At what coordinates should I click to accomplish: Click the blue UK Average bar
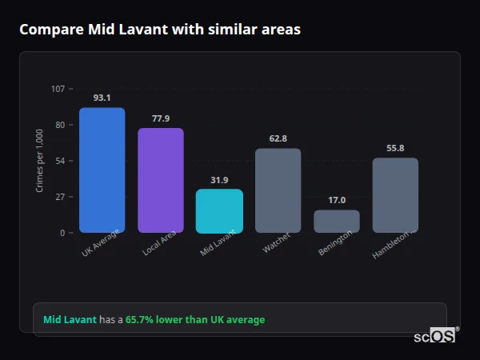pyautogui.click(x=102, y=170)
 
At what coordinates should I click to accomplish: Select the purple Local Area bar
pyautogui.click(x=160, y=181)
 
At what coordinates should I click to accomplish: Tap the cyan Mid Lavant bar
pyautogui.click(x=219, y=211)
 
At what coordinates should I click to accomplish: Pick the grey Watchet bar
pyautogui.click(x=278, y=190)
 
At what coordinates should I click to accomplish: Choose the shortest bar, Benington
pyautogui.click(x=336, y=222)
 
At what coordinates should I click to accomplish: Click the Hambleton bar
pyautogui.click(x=395, y=195)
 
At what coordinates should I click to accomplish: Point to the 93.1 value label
pyautogui.click(x=102, y=98)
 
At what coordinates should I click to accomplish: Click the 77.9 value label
pyautogui.click(x=160, y=118)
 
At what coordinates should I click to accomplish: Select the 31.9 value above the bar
pyautogui.click(x=219, y=180)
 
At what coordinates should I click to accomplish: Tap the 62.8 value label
pyautogui.click(x=278, y=138)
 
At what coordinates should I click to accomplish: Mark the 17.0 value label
pyautogui.click(x=336, y=200)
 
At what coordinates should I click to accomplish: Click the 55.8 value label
pyautogui.click(x=395, y=148)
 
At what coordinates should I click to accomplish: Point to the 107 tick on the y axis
pyautogui.click(x=58, y=89)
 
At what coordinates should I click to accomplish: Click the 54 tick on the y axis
pyautogui.click(x=60, y=161)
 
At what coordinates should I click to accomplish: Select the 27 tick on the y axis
pyautogui.click(x=60, y=197)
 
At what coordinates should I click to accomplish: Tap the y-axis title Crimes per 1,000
pyautogui.click(x=40, y=161)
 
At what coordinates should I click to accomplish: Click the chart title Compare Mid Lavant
pyautogui.click(x=160, y=30)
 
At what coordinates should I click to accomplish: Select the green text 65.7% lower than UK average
pyautogui.click(x=194, y=320)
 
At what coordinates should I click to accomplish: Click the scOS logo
pyautogui.click(x=435, y=336)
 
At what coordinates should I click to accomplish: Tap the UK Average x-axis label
pyautogui.click(x=101, y=244)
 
